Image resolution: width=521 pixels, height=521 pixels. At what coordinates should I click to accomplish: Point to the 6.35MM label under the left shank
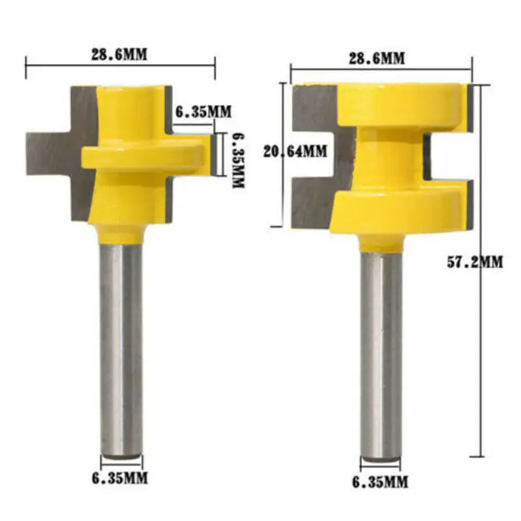pyautogui.click(x=120, y=479)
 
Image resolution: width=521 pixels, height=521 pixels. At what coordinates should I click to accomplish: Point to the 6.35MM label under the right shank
pyautogui.click(x=381, y=482)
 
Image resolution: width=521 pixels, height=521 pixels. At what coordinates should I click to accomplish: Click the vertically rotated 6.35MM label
pyautogui.click(x=238, y=156)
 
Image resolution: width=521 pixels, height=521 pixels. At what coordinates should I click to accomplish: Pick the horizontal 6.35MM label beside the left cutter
pyautogui.click(x=203, y=111)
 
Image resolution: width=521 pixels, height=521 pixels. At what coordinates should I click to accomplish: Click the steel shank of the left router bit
pyautogui.click(x=121, y=345)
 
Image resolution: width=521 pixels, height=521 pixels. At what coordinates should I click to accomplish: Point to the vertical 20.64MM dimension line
pyautogui.click(x=282, y=195)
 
